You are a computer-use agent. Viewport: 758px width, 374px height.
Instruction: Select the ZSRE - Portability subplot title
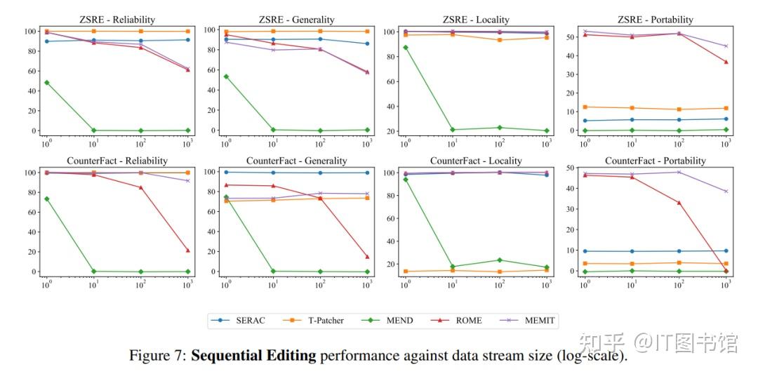click(x=656, y=20)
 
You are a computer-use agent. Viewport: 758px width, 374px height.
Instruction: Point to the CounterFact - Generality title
click(x=297, y=161)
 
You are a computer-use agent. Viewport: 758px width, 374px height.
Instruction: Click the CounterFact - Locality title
click(x=477, y=161)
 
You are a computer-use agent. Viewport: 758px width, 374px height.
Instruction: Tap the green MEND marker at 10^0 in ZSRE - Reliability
click(x=46, y=83)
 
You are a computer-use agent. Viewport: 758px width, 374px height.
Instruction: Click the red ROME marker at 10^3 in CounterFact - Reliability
click(x=188, y=251)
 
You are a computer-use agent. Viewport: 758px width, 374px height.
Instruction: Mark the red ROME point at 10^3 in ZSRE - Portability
click(x=726, y=62)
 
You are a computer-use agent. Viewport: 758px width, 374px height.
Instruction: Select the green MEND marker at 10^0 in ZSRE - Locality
click(x=405, y=48)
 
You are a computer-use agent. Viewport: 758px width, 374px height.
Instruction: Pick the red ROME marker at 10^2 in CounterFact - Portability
click(x=679, y=203)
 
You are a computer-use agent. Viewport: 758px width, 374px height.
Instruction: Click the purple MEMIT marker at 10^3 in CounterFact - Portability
click(x=726, y=191)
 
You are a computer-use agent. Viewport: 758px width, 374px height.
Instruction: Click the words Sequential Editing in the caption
click(x=253, y=356)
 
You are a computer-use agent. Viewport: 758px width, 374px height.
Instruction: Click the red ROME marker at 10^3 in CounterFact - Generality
click(x=367, y=257)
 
